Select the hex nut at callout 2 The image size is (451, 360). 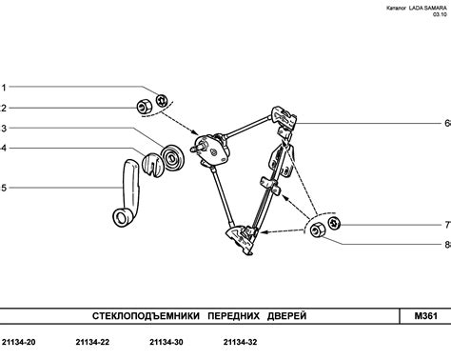click(144, 107)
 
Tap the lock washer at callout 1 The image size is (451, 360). click(161, 100)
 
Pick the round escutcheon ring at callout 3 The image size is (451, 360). click(172, 157)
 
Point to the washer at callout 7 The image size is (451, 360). click(334, 223)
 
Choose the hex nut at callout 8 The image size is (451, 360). click(317, 230)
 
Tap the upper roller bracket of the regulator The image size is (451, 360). click(284, 118)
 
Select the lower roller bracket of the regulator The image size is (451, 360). click(241, 240)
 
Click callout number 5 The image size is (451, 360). click(4, 188)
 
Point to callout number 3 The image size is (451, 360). click(3, 129)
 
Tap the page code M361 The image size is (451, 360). click(426, 316)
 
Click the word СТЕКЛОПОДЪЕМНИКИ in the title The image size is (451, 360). click(146, 316)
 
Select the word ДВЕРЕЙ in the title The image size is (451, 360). click(287, 316)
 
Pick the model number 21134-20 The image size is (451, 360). click(19, 342)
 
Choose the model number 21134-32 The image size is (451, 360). click(240, 342)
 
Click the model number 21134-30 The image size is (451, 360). click(167, 342)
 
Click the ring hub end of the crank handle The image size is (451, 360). click(122, 217)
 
